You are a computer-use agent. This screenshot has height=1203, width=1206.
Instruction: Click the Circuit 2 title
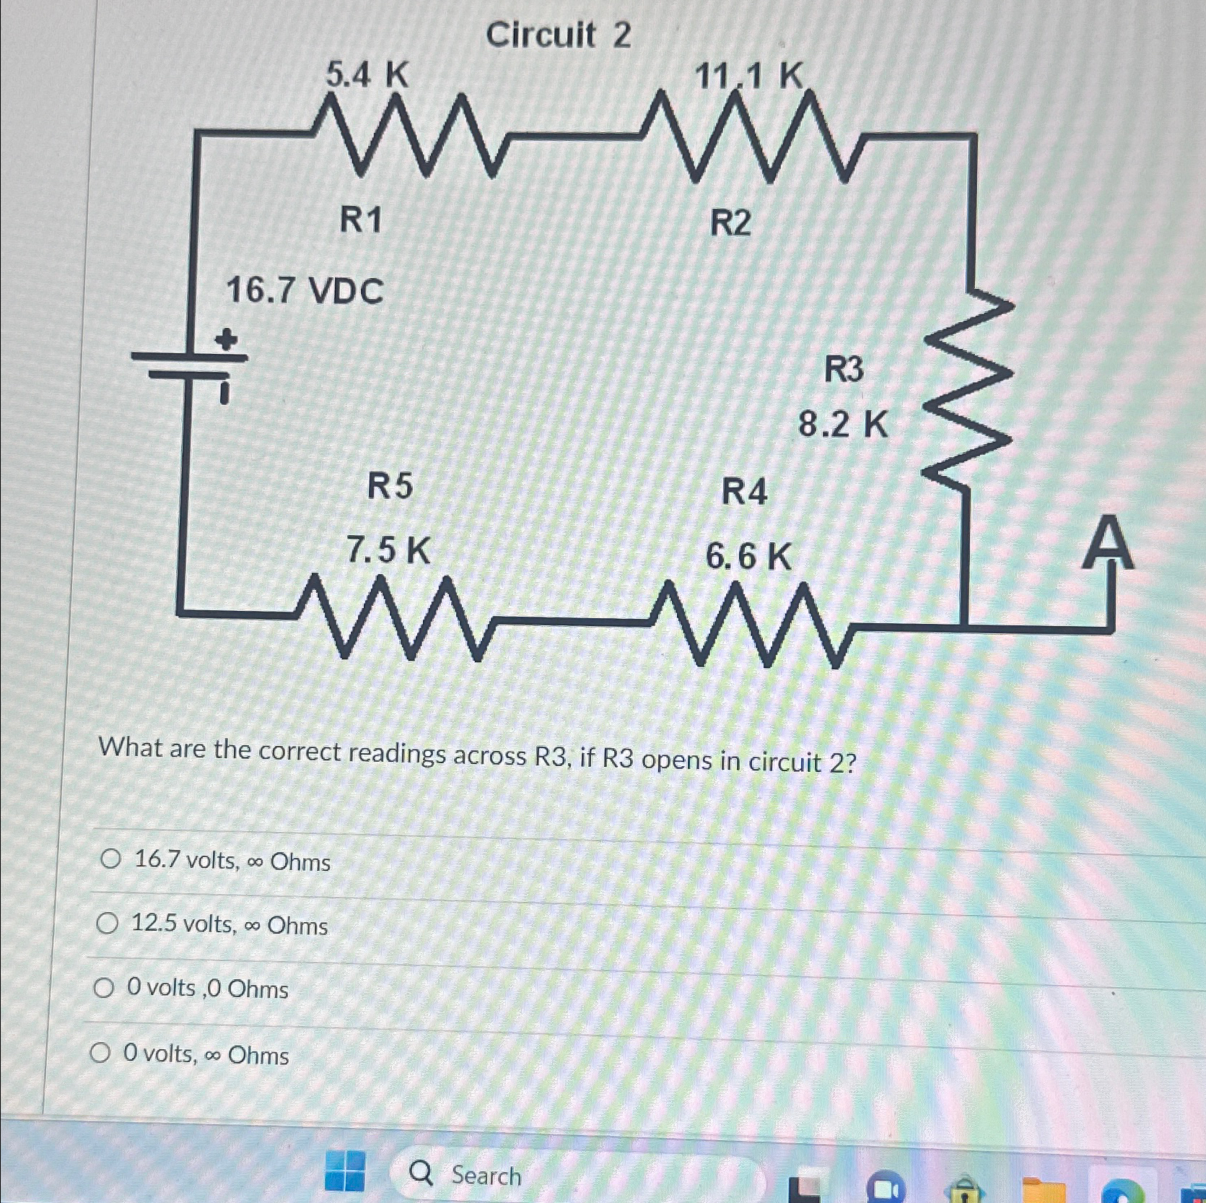click(x=558, y=35)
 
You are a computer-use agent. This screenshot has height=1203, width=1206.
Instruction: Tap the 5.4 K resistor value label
click(x=367, y=74)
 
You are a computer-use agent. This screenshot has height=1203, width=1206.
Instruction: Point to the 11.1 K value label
click(x=748, y=74)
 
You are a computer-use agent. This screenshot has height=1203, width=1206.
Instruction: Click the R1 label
click(x=360, y=220)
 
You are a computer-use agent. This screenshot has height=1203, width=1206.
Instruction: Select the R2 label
click(x=730, y=223)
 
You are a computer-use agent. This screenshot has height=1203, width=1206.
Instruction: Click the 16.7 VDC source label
click(x=305, y=292)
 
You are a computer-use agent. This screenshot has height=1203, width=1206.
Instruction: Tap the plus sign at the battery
click(x=227, y=339)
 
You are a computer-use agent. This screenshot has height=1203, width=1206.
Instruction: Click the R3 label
click(x=844, y=370)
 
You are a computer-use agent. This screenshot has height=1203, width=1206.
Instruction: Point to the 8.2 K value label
click(x=843, y=425)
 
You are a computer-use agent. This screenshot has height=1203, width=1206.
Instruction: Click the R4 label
click(x=744, y=492)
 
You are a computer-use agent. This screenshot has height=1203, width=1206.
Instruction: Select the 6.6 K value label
click(x=748, y=557)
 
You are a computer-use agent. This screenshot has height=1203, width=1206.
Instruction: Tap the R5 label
click(x=390, y=486)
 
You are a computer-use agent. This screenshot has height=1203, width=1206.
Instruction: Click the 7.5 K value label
click(x=388, y=551)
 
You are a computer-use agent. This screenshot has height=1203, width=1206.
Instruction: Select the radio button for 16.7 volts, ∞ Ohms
click(x=110, y=859)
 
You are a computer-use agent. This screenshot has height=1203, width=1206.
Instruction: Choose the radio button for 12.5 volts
click(x=107, y=923)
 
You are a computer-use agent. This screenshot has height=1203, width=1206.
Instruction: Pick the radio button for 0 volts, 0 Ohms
click(x=103, y=987)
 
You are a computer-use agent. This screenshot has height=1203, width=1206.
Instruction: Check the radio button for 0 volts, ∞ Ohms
click(x=100, y=1054)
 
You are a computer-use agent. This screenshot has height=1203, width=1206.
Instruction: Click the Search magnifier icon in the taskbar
click(x=421, y=1175)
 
